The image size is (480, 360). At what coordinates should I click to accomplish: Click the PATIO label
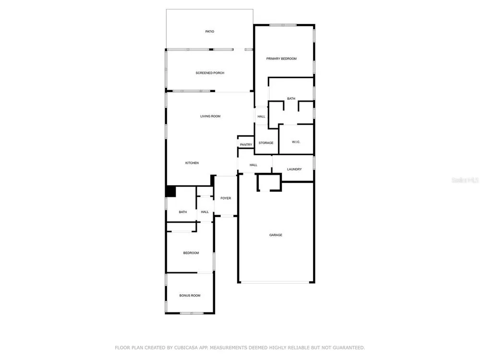tap(210, 32)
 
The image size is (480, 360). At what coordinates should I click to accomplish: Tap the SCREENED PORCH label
tap(210, 73)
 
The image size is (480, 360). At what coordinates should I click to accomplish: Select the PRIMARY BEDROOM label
tap(281, 59)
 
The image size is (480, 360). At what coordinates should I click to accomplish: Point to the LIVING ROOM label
tap(210, 116)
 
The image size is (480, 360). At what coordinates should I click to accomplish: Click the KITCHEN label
tap(192, 163)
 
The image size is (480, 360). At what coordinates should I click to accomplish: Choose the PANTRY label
tap(246, 145)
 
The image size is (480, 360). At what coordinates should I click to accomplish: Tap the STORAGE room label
tap(266, 143)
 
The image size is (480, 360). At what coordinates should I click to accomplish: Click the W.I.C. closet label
tap(296, 142)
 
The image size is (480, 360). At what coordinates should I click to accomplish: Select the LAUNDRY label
tap(294, 169)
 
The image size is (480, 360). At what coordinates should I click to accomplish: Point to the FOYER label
tap(226, 198)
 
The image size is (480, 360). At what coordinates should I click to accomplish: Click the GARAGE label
tap(276, 235)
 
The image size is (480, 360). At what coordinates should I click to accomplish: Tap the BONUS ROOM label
tap(190, 296)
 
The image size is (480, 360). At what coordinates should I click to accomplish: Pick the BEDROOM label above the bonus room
tap(191, 253)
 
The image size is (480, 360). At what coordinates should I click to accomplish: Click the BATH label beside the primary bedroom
tap(291, 98)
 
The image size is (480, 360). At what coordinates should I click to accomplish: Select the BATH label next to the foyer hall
tap(183, 212)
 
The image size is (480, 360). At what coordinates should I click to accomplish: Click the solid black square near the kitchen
tap(171, 192)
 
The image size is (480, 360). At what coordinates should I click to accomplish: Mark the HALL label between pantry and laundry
tap(253, 165)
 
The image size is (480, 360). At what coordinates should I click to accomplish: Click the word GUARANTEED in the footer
tap(348, 348)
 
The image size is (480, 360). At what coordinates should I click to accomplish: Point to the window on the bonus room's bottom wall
tap(192, 313)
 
